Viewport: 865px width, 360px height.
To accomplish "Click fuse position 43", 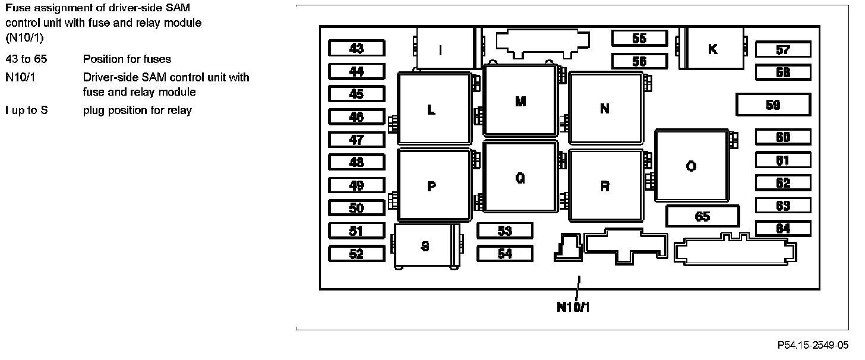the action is [x=356, y=48].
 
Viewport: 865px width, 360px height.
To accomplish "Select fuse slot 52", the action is [x=356, y=254].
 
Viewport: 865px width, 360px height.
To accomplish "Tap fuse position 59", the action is [x=773, y=105].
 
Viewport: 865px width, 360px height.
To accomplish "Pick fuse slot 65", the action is [x=702, y=216].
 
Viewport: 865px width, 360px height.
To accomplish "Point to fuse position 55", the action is [x=639, y=38].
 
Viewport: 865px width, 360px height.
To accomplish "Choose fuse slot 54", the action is [x=505, y=254].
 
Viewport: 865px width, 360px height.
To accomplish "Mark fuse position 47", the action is [x=356, y=140].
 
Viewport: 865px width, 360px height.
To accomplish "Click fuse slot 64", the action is [x=783, y=229].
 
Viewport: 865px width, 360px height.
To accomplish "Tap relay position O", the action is [x=692, y=166].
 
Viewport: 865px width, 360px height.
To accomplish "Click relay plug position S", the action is [x=425, y=246].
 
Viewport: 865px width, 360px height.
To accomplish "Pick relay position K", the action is [x=713, y=49].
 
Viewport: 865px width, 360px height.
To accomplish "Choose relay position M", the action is [x=520, y=101].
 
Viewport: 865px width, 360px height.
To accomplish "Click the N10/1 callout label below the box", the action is [x=573, y=307].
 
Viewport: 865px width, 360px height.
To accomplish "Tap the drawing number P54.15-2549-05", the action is [x=813, y=345].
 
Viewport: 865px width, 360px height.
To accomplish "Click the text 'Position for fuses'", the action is [x=127, y=59].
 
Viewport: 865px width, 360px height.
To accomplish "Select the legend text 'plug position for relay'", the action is [x=137, y=110].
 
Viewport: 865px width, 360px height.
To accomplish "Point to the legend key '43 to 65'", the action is [x=26, y=59].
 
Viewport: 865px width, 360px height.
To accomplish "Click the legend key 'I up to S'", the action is [x=27, y=110].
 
